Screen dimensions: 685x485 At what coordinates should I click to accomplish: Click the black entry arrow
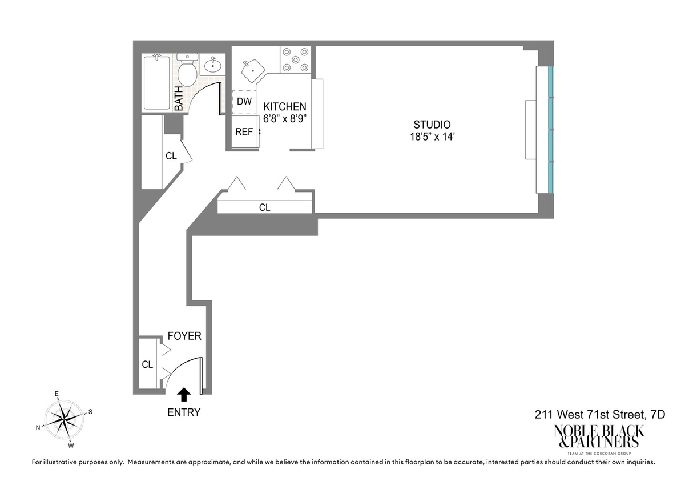click(x=184, y=394)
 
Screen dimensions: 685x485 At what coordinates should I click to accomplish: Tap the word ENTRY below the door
click(x=184, y=412)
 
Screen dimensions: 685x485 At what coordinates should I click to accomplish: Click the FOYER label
click(x=184, y=336)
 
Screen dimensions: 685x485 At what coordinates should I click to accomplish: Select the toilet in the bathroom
click(x=187, y=70)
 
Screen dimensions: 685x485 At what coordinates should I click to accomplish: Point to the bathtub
click(x=157, y=82)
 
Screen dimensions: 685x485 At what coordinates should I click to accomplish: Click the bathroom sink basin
click(x=213, y=66)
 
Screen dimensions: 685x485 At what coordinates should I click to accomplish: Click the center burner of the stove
click(x=296, y=59)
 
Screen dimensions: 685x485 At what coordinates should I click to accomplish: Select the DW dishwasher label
click(x=244, y=101)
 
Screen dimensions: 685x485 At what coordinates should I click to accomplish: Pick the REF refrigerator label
click(x=244, y=132)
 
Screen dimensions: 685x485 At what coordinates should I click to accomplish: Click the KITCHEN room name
click(x=285, y=106)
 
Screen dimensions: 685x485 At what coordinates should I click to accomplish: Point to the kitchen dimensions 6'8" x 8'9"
click(x=285, y=118)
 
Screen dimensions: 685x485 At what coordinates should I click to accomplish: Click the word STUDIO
click(x=432, y=125)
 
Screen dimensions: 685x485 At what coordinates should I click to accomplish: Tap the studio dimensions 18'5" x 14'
click(x=433, y=137)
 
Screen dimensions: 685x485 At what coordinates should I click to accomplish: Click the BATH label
click(x=179, y=98)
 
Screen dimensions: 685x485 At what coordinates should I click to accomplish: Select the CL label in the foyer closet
click(x=147, y=364)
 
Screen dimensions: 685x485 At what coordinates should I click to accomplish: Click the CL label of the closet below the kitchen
click(x=264, y=207)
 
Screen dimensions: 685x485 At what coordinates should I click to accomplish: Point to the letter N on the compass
click(x=38, y=427)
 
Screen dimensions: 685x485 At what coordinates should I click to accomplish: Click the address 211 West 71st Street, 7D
click(x=600, y=415)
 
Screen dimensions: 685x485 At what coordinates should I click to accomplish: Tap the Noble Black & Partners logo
click(x=599, y=440)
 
